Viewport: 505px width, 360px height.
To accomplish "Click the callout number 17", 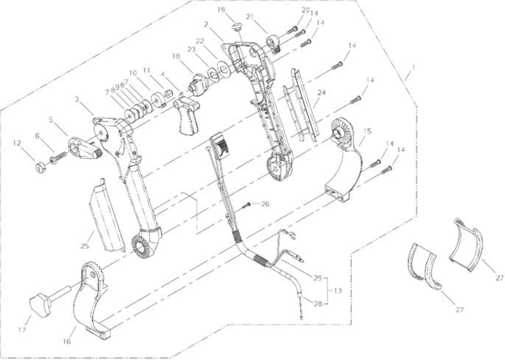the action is [x=22, y=330].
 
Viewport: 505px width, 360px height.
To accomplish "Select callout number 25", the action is [x=85, y=246].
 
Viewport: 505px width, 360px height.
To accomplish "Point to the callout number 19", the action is [x=221, y=10].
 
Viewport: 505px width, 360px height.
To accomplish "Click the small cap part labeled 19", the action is [x=237, y=27].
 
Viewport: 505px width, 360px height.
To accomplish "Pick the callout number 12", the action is [x=17, y=143].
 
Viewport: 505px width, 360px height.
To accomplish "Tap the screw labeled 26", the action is [x=246, y=205].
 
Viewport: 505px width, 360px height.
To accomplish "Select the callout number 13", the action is [x=337, y=291].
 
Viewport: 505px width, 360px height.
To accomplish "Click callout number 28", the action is [x=318, y=304].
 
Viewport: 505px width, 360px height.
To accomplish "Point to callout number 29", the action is [x=318, y=278].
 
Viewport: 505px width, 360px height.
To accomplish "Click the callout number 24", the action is [x=322, y=93].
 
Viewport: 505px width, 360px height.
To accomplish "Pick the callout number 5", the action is [x=51, y=119].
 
